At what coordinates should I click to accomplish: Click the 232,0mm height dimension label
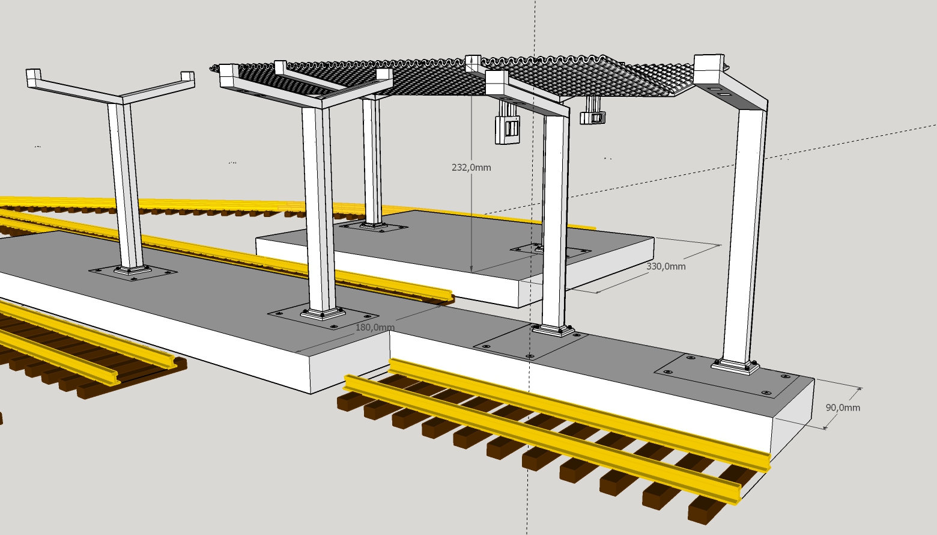[471, 168]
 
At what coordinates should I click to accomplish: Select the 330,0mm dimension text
[666, 266]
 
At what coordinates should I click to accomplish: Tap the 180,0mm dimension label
[375, 328]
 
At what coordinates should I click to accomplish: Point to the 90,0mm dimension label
[843, 408]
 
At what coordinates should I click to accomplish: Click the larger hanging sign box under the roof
[508, 130]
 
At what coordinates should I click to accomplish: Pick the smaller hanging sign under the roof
[593, 117]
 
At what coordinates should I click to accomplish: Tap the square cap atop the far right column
[709, 69]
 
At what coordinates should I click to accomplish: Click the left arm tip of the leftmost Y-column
[34, 78]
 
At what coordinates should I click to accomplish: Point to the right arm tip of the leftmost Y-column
[188, 79]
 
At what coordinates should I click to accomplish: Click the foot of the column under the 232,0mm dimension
[553, 330]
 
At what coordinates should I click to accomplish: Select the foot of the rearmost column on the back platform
[373, 225]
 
